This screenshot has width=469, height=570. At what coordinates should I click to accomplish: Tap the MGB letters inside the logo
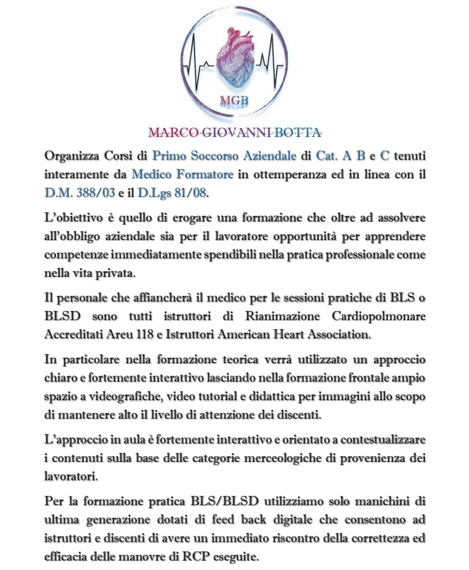pyautogui.click(x=234, y=100)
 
